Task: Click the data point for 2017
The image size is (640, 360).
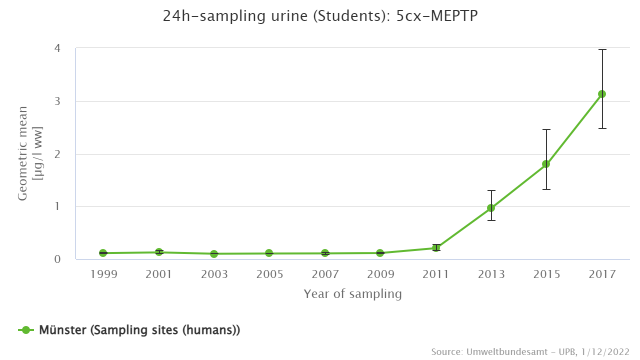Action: tap(602, 94)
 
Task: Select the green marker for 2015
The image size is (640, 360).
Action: tap(546, 164)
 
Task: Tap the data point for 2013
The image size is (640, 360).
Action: tap(491, 208)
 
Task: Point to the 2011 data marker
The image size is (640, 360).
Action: tap(436, 247)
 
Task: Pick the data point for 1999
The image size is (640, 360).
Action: tap(103, 253)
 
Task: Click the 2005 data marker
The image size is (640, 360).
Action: tap(269, 253)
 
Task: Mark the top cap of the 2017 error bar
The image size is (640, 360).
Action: tap(602, 49)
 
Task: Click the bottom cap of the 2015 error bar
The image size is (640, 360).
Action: tap(546, 189)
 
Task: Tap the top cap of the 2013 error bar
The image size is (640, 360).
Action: tap(491, 190)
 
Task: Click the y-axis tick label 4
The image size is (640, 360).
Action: tap(57, 48)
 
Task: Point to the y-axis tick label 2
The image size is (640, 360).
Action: tap(57, 154)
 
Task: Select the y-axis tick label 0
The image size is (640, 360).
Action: tap(57, 259)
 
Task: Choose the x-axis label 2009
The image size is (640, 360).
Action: tap(380, 274)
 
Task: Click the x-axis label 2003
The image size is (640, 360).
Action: tap(214, 274)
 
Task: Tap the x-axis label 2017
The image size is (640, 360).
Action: tap(602, 274)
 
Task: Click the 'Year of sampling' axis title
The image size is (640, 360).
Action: tap(352, 294)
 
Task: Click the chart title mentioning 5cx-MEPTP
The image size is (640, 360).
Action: tap(320, 16)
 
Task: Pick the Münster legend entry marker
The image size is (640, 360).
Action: tap(26, 330)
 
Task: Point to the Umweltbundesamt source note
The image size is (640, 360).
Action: tap(529, 351)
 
